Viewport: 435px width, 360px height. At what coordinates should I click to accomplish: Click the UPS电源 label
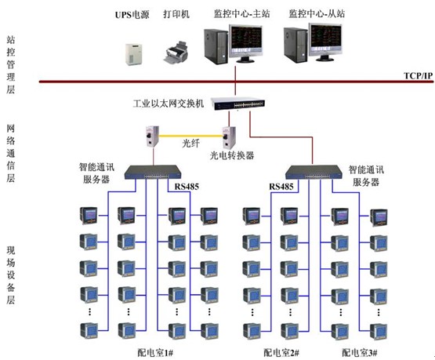(132, 14)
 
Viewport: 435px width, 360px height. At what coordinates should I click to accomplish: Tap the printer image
(176, 53)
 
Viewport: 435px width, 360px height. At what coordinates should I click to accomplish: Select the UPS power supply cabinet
(133, 54)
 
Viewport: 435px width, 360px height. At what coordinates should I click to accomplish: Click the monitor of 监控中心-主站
(245, 43)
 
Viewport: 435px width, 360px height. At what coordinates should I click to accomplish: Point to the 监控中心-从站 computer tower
(295, 45)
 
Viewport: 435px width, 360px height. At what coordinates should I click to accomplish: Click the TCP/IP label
(418, 75)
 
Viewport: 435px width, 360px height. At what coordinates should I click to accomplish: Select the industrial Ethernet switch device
(238, 104)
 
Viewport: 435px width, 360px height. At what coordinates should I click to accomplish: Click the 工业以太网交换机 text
(169, 104)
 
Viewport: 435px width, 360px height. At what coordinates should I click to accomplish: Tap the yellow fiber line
(191, 136)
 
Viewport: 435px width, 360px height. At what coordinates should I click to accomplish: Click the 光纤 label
(191, 144)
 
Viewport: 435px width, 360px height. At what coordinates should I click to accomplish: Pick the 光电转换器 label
(232, 155)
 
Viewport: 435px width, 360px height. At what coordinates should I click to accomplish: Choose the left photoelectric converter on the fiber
(152, 136)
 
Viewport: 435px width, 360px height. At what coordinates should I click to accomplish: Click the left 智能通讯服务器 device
(153, 172)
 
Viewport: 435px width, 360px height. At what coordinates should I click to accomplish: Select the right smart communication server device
(314, 172)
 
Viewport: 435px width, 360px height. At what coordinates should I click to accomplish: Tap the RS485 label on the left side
(187, 187)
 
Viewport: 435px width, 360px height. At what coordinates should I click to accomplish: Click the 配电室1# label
(155, 353)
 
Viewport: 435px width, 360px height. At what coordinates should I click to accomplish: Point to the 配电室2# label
(281, 353)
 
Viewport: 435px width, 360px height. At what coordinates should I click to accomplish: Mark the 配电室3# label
(360, 353)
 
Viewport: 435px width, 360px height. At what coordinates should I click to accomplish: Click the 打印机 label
(176, 14)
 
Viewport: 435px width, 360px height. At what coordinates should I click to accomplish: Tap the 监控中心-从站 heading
(317, 13)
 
